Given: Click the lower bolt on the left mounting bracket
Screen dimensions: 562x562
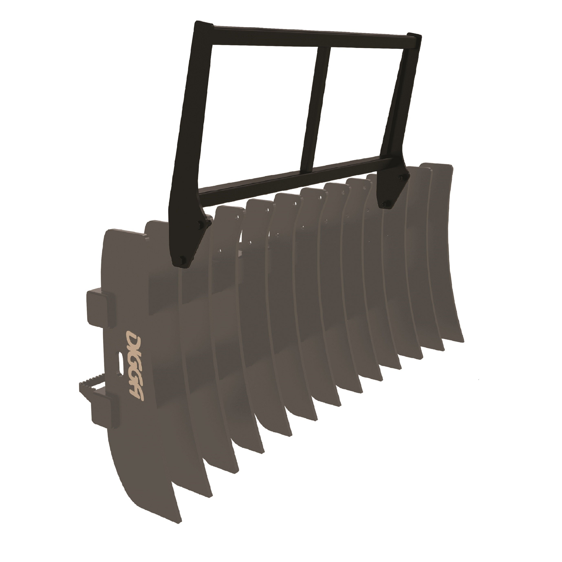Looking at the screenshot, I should click(182, 259).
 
